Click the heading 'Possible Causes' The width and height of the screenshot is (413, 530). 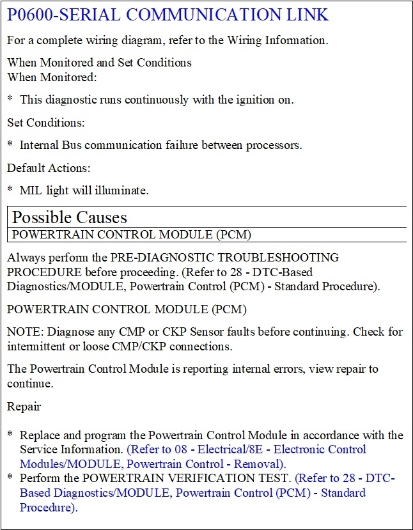point(70,217)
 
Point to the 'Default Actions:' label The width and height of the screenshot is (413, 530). point(49,168)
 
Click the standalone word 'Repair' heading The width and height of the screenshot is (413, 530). point(24,406)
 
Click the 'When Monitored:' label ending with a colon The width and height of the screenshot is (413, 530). point(52,77)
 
